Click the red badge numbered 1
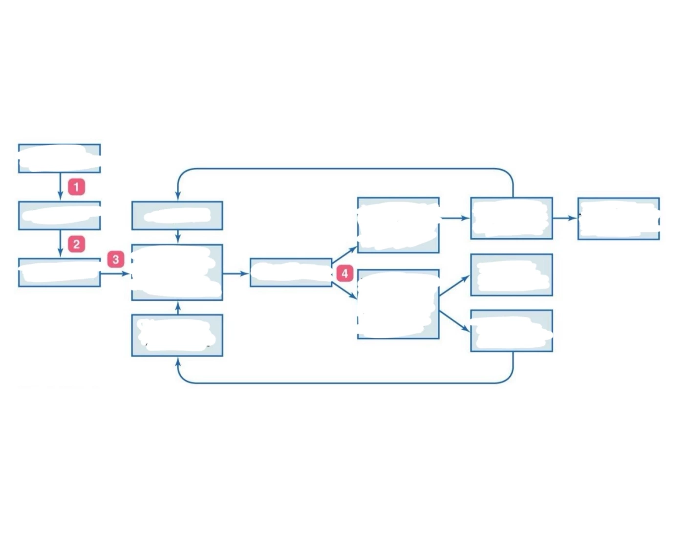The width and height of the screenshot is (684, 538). [x=77, y=187]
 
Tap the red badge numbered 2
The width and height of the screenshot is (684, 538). [x=77, y=244]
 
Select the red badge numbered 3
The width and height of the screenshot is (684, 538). [x=115, y=260]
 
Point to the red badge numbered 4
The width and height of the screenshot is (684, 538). [x=344, y=273]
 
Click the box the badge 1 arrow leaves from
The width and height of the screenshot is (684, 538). [x=60, y=158]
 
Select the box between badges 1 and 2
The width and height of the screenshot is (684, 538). [x=60, y=216]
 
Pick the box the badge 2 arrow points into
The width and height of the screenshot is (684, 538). [x=60, y=273]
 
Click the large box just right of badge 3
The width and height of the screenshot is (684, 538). [x=177, y=272]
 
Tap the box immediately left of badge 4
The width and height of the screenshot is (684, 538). [x=291, y=273]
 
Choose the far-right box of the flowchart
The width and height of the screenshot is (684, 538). [x=619, y=219]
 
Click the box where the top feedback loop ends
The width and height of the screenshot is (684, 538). [x=177, y=216]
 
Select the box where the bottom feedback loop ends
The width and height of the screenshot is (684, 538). [x=177, y=336]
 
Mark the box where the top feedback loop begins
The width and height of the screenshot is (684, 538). [x=512, y=218]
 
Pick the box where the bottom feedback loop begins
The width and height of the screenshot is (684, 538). [x=512, y=331]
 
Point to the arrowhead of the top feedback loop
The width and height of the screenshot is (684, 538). [x=178, y=196]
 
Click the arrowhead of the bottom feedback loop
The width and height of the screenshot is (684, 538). [x=178, y=362]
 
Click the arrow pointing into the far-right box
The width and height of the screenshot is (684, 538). [x=565, y=218]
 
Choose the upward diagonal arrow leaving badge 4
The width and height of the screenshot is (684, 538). [x=344, y=255]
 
